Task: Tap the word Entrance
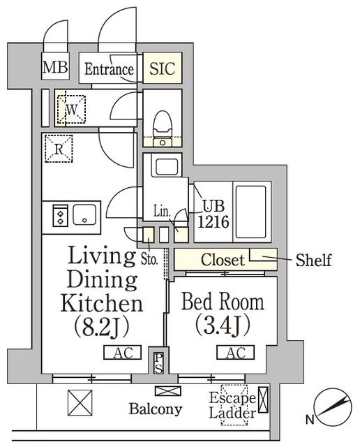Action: (x=109, y=69)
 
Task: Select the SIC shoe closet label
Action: (x=163, y=69)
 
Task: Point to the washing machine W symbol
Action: (x=71, y=108)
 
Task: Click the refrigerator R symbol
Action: (x=59, y=147)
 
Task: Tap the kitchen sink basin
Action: (x=86, y=214)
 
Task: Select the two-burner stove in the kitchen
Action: (x=59, y=214)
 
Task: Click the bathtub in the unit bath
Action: (x=250, y=210)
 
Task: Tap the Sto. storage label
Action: (x=150, y=261)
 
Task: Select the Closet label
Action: (x=223, y=261)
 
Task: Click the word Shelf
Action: (x=313, y=261)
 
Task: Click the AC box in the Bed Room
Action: (x=234, y=353)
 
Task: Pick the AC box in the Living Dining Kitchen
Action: (x=123, y=353)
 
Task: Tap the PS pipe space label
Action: (x=159, y=362)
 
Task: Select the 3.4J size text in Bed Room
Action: (x=223, y=326)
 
